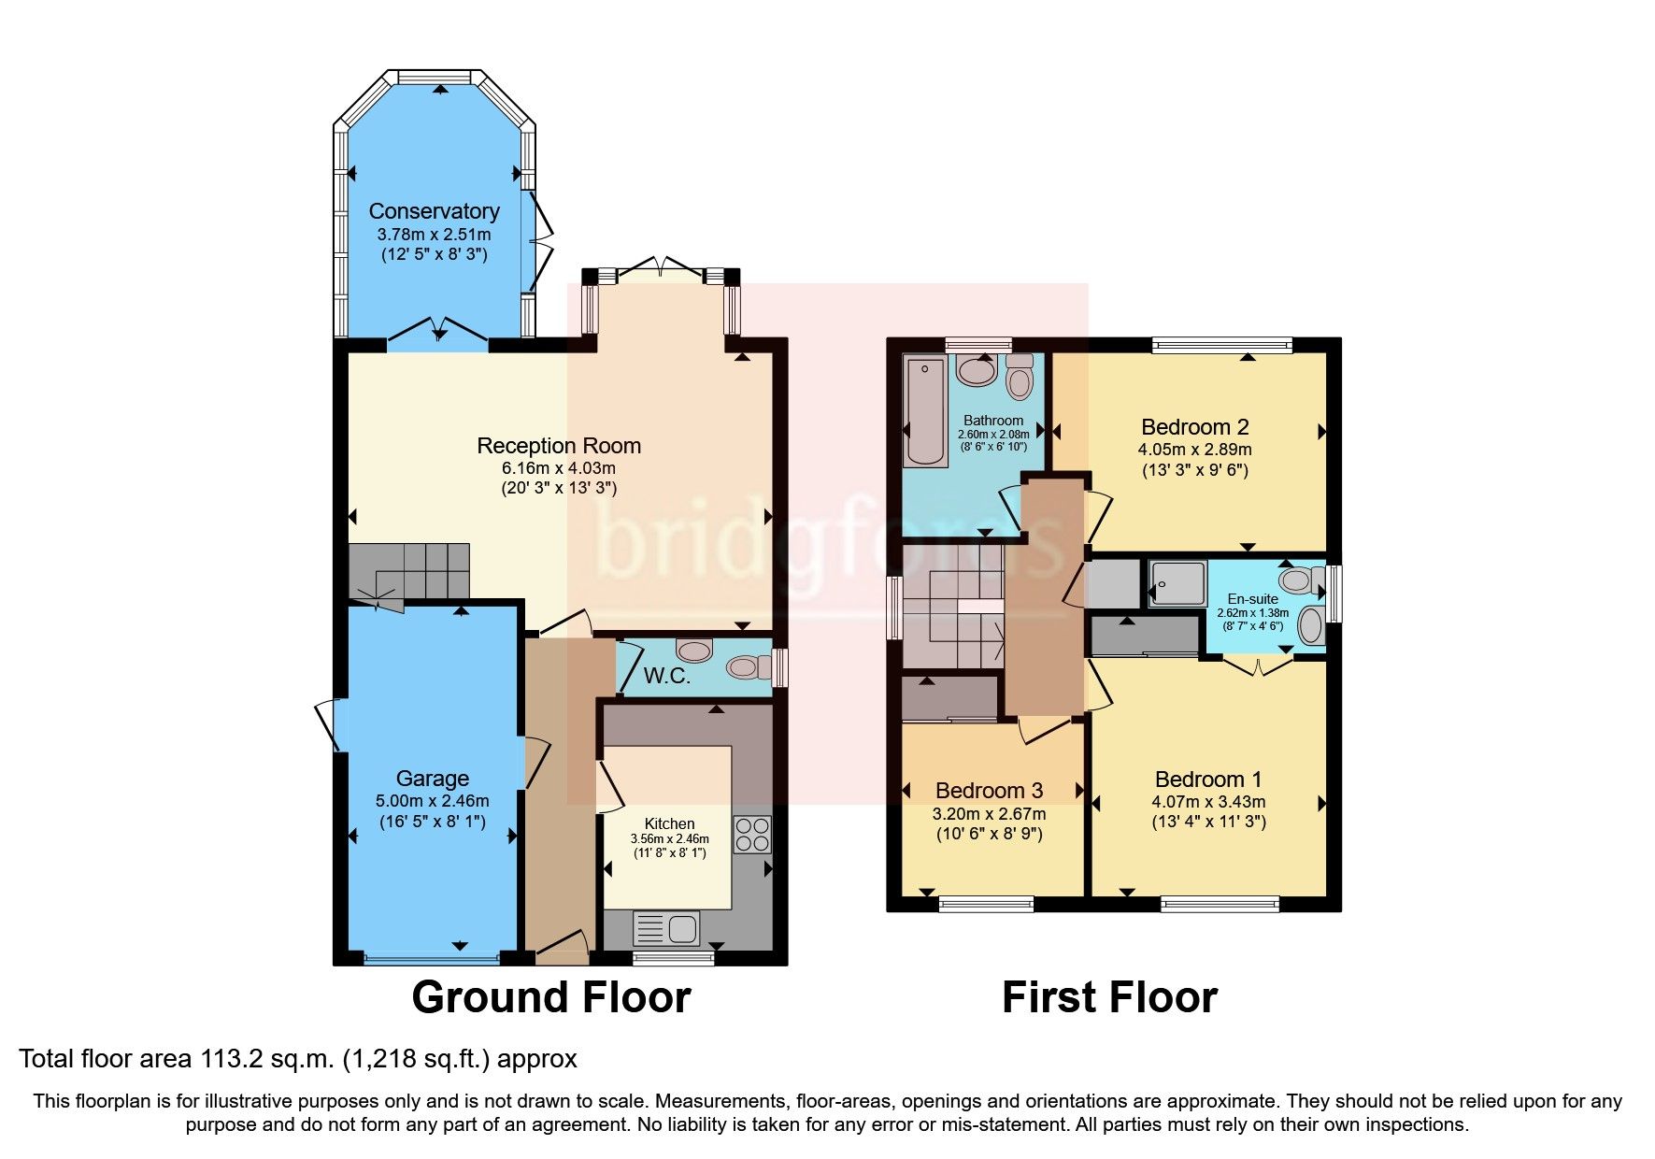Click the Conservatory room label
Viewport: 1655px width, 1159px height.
point(434,211)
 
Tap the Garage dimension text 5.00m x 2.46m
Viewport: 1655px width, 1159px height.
point(432,801)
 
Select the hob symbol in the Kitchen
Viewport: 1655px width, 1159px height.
point(752,835)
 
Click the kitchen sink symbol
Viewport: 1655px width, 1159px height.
point(665,928)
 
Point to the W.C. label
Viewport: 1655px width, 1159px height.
point(666,676)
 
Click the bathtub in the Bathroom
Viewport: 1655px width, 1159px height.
point(925,411)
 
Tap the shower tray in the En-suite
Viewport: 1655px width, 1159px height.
point(1177,583)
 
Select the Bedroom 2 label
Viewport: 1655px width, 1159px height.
point(1194,427)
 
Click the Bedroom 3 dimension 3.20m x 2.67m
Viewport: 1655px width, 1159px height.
point(989,813)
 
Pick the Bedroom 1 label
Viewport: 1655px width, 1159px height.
point(1207,780)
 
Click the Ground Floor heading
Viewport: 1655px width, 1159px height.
point(550,997)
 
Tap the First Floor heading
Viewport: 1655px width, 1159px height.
point(1109,997)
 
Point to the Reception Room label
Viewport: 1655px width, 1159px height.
point(559,446)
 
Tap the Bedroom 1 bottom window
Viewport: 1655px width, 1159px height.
point(1220,904)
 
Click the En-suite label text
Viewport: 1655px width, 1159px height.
point(1252,599)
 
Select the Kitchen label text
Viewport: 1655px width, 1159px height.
point(669,823)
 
